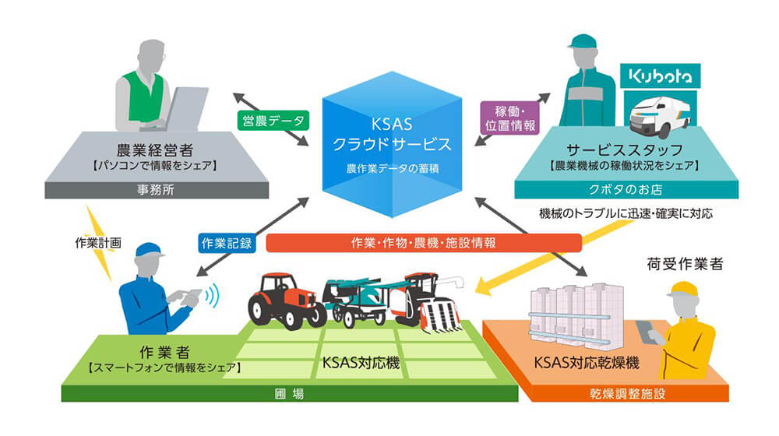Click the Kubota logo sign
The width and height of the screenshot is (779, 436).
[x=659, y=76]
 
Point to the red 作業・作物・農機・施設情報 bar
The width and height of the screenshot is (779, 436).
[x=424, y=242]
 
